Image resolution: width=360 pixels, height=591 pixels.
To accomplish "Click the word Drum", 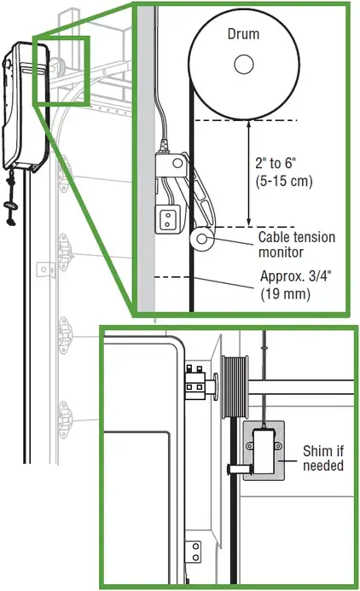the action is [243, 34].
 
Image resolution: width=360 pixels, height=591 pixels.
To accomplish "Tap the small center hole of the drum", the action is [243, 64].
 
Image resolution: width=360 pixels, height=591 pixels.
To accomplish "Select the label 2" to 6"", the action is [276, 163].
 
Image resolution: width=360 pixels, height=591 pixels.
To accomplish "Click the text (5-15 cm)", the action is [284, 181].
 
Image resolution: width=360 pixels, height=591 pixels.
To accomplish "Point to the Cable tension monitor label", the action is [297, 244].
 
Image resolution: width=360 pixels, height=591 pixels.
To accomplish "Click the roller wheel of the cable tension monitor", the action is [201, 239].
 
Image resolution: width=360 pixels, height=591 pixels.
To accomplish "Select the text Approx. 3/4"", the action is [296, 276].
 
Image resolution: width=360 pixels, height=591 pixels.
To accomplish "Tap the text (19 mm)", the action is [286, 293].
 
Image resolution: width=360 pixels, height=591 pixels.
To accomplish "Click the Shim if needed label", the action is [323, 458].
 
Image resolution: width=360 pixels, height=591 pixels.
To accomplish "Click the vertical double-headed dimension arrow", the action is [248, 173].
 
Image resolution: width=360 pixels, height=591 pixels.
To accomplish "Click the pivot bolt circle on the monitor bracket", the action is [177, 164].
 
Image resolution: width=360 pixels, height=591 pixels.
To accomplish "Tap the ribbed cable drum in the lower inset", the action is [235, 386].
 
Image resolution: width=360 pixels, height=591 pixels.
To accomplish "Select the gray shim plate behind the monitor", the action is [264, 451].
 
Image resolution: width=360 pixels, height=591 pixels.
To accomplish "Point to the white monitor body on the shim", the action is [264, 451].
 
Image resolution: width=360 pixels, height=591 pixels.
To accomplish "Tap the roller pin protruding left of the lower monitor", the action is [240, 469].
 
